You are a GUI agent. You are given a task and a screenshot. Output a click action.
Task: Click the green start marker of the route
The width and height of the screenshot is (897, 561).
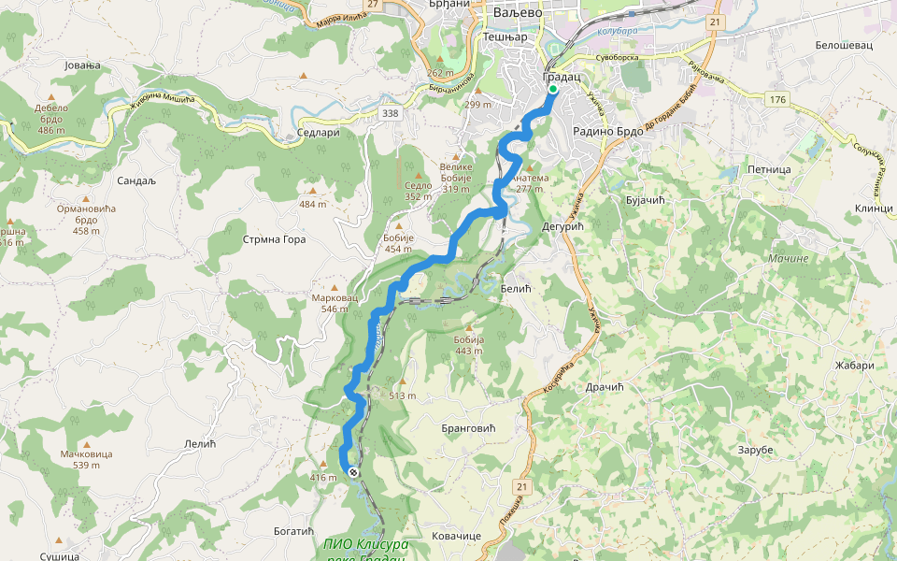552,90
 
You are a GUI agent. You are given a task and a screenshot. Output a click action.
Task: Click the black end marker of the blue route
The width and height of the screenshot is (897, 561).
353,472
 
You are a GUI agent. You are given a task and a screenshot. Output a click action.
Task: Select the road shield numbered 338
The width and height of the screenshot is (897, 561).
391,113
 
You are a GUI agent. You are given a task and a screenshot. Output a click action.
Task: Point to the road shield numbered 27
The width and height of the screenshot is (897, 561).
373,5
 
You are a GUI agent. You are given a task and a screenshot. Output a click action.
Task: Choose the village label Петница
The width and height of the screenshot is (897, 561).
769,170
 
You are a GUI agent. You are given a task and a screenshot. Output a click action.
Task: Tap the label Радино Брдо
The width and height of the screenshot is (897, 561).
608,132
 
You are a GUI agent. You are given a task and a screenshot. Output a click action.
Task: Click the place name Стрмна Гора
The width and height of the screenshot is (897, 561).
275,239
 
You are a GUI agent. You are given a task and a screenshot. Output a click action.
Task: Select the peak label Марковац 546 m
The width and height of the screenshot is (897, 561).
335,303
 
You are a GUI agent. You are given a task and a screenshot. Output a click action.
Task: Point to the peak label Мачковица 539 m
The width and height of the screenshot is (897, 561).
87,458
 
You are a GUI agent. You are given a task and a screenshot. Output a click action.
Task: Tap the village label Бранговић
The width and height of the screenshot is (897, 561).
466,427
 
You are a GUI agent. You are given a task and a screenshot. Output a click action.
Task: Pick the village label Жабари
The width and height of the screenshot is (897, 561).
854,366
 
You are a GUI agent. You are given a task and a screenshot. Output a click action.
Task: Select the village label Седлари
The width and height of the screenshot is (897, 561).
317,133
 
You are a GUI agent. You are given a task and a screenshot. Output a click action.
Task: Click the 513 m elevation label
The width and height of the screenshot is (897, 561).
403,396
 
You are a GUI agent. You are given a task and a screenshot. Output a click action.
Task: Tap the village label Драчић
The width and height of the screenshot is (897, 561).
604,387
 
